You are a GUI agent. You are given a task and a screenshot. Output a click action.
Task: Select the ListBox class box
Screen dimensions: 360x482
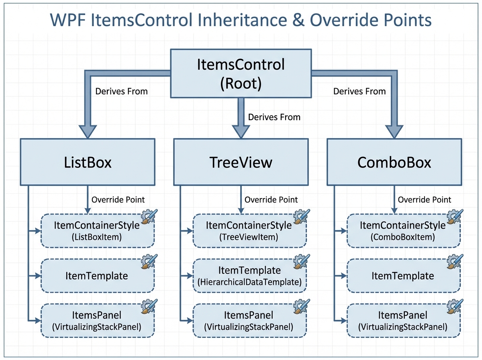(x=88, y=162)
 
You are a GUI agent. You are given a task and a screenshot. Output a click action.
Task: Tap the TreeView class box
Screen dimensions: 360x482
(x=241, y=162)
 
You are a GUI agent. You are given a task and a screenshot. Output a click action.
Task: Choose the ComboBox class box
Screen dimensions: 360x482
(x=394, y=162)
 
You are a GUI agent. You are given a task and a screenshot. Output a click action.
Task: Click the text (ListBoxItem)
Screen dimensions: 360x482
(x=97, y=237)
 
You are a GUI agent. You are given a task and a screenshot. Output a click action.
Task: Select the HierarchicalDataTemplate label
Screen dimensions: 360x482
(x=249, y=282)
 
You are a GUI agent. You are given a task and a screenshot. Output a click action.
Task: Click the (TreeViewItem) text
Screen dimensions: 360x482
(x=249, y=237)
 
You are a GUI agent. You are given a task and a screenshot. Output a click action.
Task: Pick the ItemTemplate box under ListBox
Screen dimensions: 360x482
(x=97, y=276)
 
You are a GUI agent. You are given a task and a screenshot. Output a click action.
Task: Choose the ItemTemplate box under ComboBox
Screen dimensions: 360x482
(x=403, y=276)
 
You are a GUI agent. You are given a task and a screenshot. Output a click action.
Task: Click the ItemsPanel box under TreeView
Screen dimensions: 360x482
(x=249, y=320)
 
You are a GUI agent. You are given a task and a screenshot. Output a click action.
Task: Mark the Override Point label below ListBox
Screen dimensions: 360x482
(x=118, y=200)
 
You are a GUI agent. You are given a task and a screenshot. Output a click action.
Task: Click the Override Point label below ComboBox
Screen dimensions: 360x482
(x=424, y=200)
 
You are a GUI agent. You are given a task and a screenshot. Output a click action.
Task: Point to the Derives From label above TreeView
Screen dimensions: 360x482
(x=274, y=117)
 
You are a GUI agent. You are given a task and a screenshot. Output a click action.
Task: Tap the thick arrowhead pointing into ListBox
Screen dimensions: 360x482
(x=88, y=131)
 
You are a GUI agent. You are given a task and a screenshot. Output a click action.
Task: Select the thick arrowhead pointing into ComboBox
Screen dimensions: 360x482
(x=394, y=131)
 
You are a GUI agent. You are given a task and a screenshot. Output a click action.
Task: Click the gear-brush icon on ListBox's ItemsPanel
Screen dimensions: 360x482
(x=149, y=307)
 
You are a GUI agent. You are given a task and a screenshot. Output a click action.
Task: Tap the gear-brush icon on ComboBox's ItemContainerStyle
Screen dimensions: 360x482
(x=455, y=217)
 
